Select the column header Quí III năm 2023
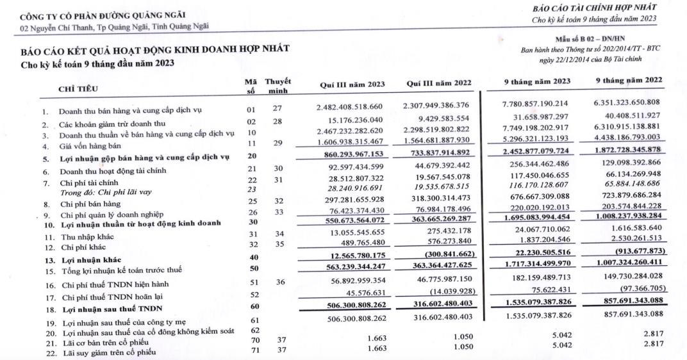coord(352,85)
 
